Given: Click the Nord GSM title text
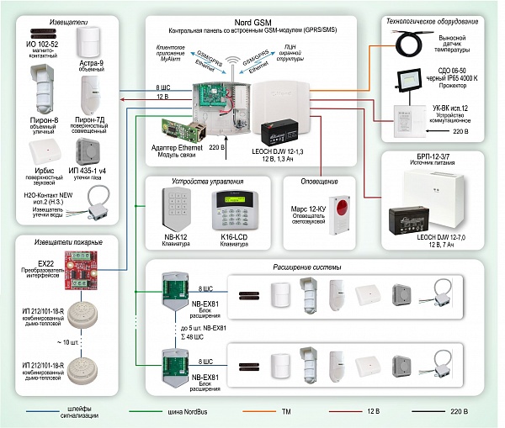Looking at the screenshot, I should [253, 19].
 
